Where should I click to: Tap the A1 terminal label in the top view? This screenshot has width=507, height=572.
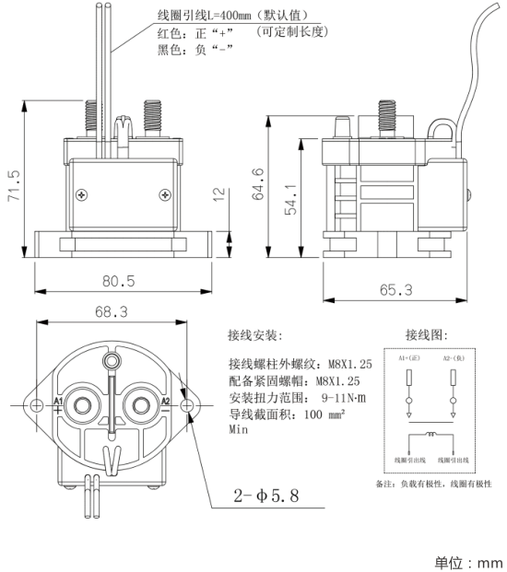tap(58, 403)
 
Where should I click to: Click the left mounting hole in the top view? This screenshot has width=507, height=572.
tap(37, 404)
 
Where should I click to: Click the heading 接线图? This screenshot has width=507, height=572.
tap(425, 333)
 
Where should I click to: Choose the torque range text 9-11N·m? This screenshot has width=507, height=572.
tap(351, 397)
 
